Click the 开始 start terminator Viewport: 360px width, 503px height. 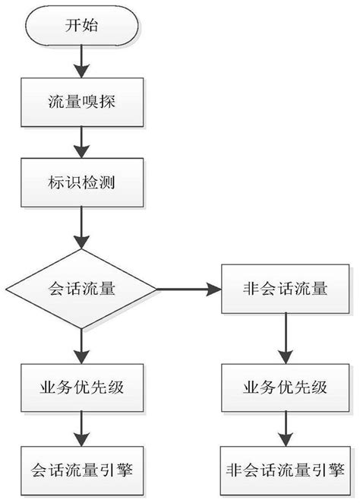(81, 26)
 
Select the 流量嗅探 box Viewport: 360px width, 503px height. (81, 100)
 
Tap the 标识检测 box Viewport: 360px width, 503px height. (81, 183)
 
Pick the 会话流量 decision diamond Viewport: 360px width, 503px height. (81, 289)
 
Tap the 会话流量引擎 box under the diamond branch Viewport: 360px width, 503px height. (81, 468)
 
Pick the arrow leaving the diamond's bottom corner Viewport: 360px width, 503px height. (81, 346)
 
